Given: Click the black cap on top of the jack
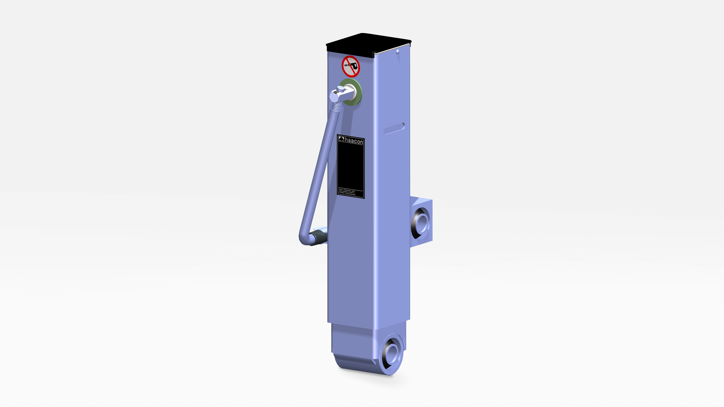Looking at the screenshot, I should [368, 42].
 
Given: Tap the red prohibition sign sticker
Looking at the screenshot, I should [351, 66].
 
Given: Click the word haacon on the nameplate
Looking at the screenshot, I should [354, 141].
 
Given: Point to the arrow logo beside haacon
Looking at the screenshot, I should [341, 139].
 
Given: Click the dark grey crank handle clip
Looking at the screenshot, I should [317, 237].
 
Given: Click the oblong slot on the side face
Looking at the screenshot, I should [394, 129].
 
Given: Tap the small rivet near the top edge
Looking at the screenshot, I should [398, 52].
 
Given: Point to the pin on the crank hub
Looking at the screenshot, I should [340, 89].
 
